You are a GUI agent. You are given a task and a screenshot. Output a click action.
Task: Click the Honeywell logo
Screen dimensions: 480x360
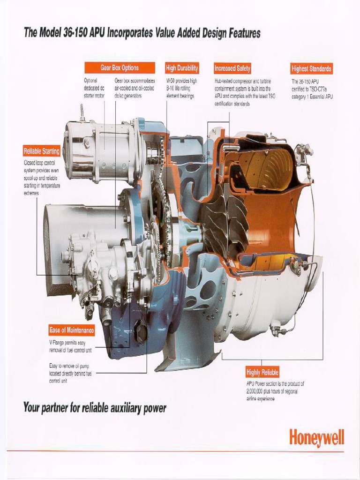coord(316,438)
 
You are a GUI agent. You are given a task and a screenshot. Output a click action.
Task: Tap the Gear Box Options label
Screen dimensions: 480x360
coord(120,68)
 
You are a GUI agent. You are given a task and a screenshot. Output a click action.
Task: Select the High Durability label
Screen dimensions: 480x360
coord(182,68)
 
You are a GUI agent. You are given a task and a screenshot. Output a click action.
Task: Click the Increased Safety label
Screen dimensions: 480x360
coord(232,68)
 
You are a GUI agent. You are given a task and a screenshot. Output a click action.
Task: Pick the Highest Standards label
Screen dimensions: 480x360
coord(311,69)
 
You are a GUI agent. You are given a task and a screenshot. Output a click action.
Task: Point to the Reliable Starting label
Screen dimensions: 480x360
coord(42,151)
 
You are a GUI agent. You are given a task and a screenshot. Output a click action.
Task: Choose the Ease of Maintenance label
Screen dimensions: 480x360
coord(72,330)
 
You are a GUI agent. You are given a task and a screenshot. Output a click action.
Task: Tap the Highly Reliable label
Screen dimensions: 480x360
coord(262,373)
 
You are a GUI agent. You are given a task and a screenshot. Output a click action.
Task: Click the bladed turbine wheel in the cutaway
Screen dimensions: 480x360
coord(225,220)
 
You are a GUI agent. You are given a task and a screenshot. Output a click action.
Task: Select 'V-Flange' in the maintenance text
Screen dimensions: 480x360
coord(58,343)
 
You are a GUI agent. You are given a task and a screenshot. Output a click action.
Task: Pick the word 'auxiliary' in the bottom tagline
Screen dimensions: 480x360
coord(126,408)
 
